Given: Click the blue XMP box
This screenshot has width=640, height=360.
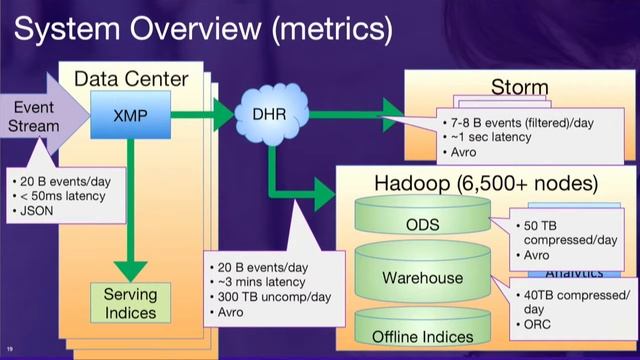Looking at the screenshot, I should [130, 115].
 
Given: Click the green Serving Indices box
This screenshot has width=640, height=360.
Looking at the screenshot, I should [130, 303].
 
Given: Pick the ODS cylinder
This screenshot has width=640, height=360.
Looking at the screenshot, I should [422, 225].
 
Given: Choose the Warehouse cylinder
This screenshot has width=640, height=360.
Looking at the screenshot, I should [422, 277].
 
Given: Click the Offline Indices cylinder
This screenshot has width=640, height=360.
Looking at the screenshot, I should [422, 335].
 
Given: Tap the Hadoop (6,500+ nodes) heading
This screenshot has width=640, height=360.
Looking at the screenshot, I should [485, 184].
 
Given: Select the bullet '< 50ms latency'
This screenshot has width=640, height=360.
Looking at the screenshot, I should [70, 198].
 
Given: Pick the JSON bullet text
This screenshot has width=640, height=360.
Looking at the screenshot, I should [47, 213].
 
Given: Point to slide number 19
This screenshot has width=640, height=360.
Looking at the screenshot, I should [9, 350].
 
